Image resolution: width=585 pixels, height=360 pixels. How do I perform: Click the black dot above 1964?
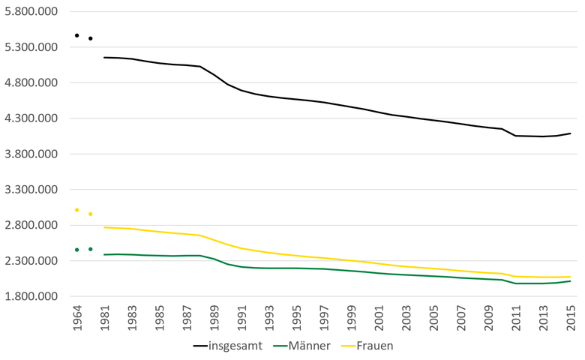pyautogui.click(x=76, y=35)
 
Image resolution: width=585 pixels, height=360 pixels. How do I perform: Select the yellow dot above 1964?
pyautogui.click(x=76, y=210)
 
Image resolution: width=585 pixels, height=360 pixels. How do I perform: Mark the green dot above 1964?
pyautogui.click(x=76, y=250)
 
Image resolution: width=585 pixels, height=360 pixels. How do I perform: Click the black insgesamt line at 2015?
pyautogui.click(x=571, y=133)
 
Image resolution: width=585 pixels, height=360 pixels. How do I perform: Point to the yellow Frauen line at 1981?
pyautogui.click(x=104, y=227)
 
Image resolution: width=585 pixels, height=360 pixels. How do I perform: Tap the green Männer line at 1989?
pyautogui.click(x=214, y=259)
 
